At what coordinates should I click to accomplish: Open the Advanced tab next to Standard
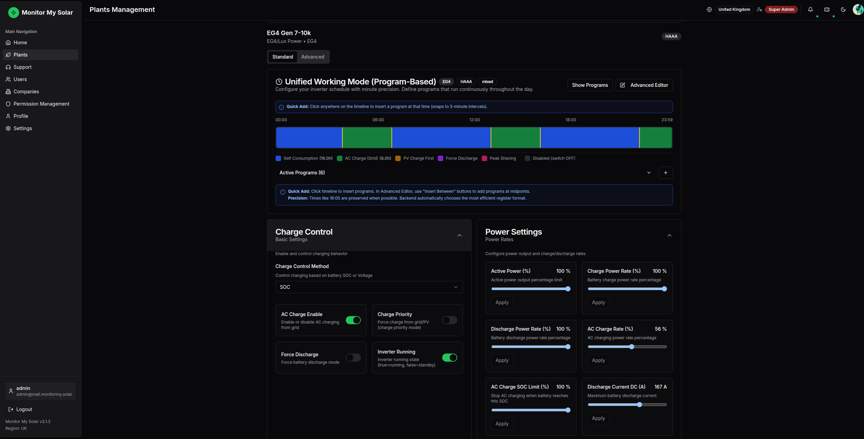point(312,57)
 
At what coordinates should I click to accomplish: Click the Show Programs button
point(590,85)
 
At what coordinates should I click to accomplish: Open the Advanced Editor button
point(644,85)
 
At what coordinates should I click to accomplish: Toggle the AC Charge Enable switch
point(353,320)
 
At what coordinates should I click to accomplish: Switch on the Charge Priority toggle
point(450,320)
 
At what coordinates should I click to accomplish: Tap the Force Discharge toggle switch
point(353,358)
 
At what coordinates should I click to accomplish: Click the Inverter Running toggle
point(450,358)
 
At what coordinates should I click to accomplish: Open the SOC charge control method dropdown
point(369,287)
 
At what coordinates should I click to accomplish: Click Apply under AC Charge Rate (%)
point(598,360)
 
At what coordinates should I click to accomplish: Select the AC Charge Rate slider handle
point(632,347)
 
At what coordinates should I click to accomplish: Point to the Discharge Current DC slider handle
point(639,405)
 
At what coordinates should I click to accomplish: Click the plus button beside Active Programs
point(665,173)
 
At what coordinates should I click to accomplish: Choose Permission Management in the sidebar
point(41,104)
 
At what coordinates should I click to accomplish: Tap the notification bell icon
point(811,10)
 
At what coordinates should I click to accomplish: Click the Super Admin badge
point(781,10)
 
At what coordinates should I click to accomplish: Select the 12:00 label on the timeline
point(475,120)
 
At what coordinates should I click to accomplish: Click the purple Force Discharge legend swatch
point(441,158)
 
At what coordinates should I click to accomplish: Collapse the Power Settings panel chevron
point(669,235)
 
